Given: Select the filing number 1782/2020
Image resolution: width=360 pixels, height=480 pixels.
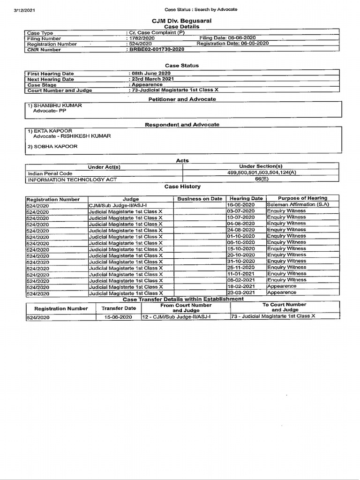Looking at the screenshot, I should tap(141, 38).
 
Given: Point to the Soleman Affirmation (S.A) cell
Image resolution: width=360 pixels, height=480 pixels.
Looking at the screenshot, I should tap(298, 204).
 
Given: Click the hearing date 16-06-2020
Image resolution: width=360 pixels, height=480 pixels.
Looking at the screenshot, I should tap(241, 205).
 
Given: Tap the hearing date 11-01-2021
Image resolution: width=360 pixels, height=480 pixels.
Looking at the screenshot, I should tap(241, 274).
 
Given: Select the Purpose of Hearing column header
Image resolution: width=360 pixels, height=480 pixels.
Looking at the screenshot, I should tap(302, 198).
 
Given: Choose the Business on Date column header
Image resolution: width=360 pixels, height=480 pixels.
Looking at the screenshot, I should tap(200, 199).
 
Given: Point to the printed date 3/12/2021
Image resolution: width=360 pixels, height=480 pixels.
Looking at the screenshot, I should tap(24, 9).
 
